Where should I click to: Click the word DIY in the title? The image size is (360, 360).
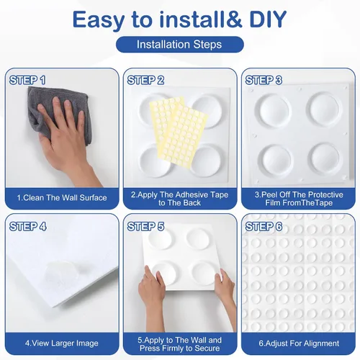point(268,19)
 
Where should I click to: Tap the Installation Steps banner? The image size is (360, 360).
point(180,45)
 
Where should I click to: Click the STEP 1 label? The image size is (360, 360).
point(27,80)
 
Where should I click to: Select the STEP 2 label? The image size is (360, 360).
point(145,80)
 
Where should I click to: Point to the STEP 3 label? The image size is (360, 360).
point(264,80)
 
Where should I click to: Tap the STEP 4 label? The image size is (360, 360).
point(28,227)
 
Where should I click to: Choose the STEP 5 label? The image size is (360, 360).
point(145,227)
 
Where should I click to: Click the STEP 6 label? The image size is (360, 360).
point(264,227)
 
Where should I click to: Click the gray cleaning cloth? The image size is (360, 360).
point(59,113)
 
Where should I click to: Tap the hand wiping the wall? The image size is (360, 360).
point(67,142)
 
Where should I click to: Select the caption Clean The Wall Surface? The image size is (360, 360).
point(62,198)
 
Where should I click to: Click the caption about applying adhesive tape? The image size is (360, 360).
point(179,199)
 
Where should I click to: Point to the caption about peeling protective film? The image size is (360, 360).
point(299,199)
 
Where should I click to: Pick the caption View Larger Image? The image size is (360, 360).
point(62,343)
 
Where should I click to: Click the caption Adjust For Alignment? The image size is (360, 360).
point(299,343)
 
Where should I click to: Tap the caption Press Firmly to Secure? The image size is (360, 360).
point(179,348)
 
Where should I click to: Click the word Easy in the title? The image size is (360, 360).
point(99,19)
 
